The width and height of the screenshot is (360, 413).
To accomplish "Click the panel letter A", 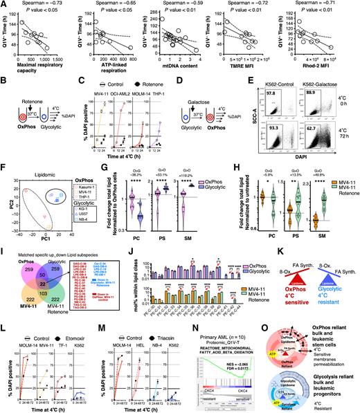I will coord(4,4).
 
